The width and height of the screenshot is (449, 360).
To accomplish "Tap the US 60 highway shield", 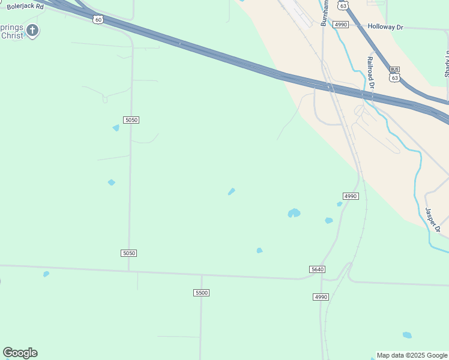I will click(98, 19).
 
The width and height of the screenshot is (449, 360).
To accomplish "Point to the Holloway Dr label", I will click(387, 26).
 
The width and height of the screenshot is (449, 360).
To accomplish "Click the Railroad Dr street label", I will click(370, 73).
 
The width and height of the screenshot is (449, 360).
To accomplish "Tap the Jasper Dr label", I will click(433, 220).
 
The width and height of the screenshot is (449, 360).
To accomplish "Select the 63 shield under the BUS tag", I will click(394, 77).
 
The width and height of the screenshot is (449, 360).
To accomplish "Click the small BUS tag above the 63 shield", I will click(394, 70).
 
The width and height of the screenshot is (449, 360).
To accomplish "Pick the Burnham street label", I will click(325, 13).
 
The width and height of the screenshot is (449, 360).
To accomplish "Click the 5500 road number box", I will click(202, 292).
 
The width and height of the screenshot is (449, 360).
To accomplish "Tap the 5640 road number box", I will click(318, 269).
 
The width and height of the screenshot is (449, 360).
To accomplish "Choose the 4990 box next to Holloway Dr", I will click(341, 24).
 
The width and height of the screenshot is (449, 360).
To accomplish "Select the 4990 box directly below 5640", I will click(321, 297).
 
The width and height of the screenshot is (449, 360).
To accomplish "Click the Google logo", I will click(20, 353).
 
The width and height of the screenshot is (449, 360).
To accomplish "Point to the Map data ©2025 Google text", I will click(412, 355).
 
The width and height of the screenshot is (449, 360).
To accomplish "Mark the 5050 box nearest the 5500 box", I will click(129, 253).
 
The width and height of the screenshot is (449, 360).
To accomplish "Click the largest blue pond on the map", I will click(294, 212).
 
